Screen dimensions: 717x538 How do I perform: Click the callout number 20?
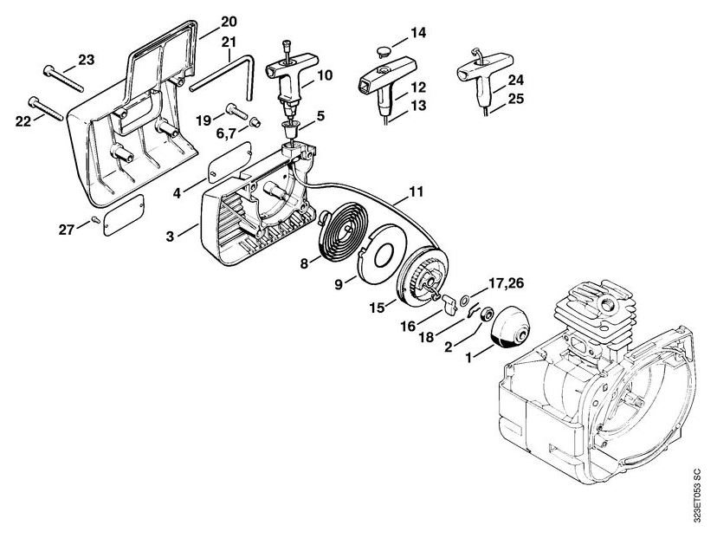229,22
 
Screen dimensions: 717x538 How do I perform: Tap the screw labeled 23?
63,79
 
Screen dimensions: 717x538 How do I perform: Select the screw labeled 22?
45,108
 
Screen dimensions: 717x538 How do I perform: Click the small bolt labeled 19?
236,110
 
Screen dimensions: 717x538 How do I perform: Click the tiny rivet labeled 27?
95,218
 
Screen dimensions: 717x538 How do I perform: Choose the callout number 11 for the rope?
417,191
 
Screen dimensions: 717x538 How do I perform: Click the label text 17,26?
506,283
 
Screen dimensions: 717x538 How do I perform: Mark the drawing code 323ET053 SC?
696,496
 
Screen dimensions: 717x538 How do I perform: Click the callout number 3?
170,237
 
